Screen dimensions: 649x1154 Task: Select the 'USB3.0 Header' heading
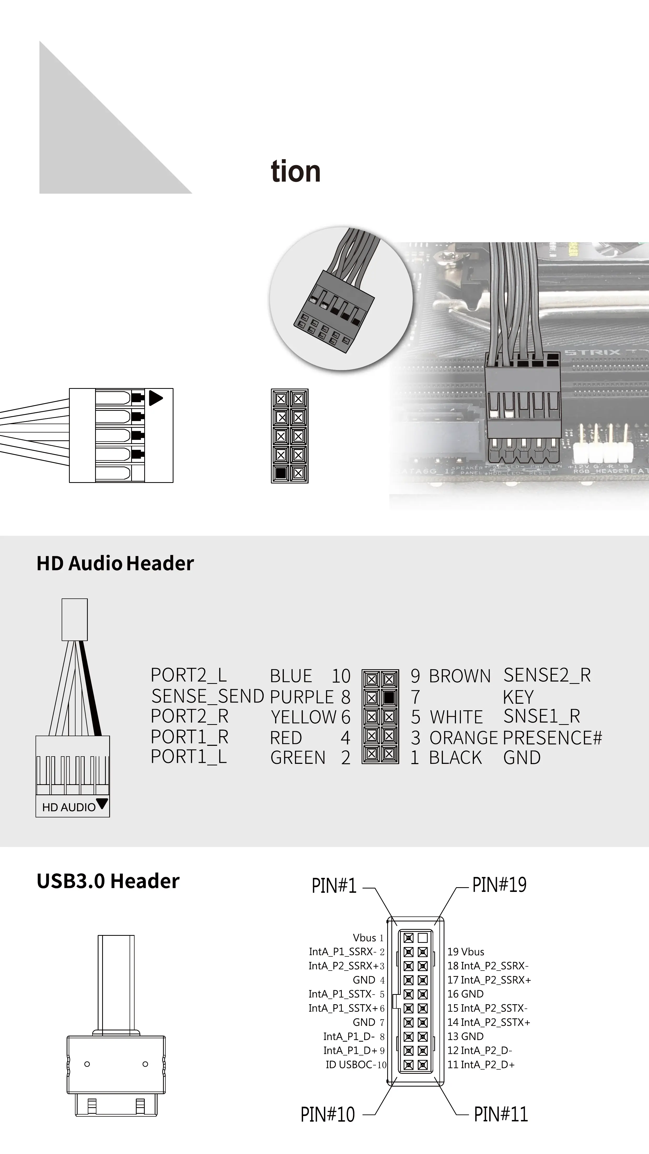108,881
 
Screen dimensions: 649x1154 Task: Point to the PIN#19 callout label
499,885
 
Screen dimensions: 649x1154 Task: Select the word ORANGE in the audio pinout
463,737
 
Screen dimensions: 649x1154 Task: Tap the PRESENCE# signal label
552,737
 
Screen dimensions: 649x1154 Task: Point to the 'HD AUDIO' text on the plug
68,807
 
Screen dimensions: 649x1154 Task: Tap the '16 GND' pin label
465,994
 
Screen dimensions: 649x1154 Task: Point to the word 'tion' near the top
295,172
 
